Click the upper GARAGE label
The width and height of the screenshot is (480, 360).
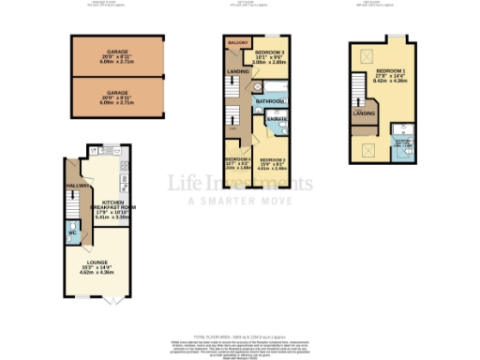[117, 53]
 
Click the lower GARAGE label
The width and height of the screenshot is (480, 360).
[117, 94]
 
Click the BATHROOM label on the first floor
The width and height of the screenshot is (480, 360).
[271, 100]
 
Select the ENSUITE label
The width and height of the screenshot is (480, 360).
[277, 121]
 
